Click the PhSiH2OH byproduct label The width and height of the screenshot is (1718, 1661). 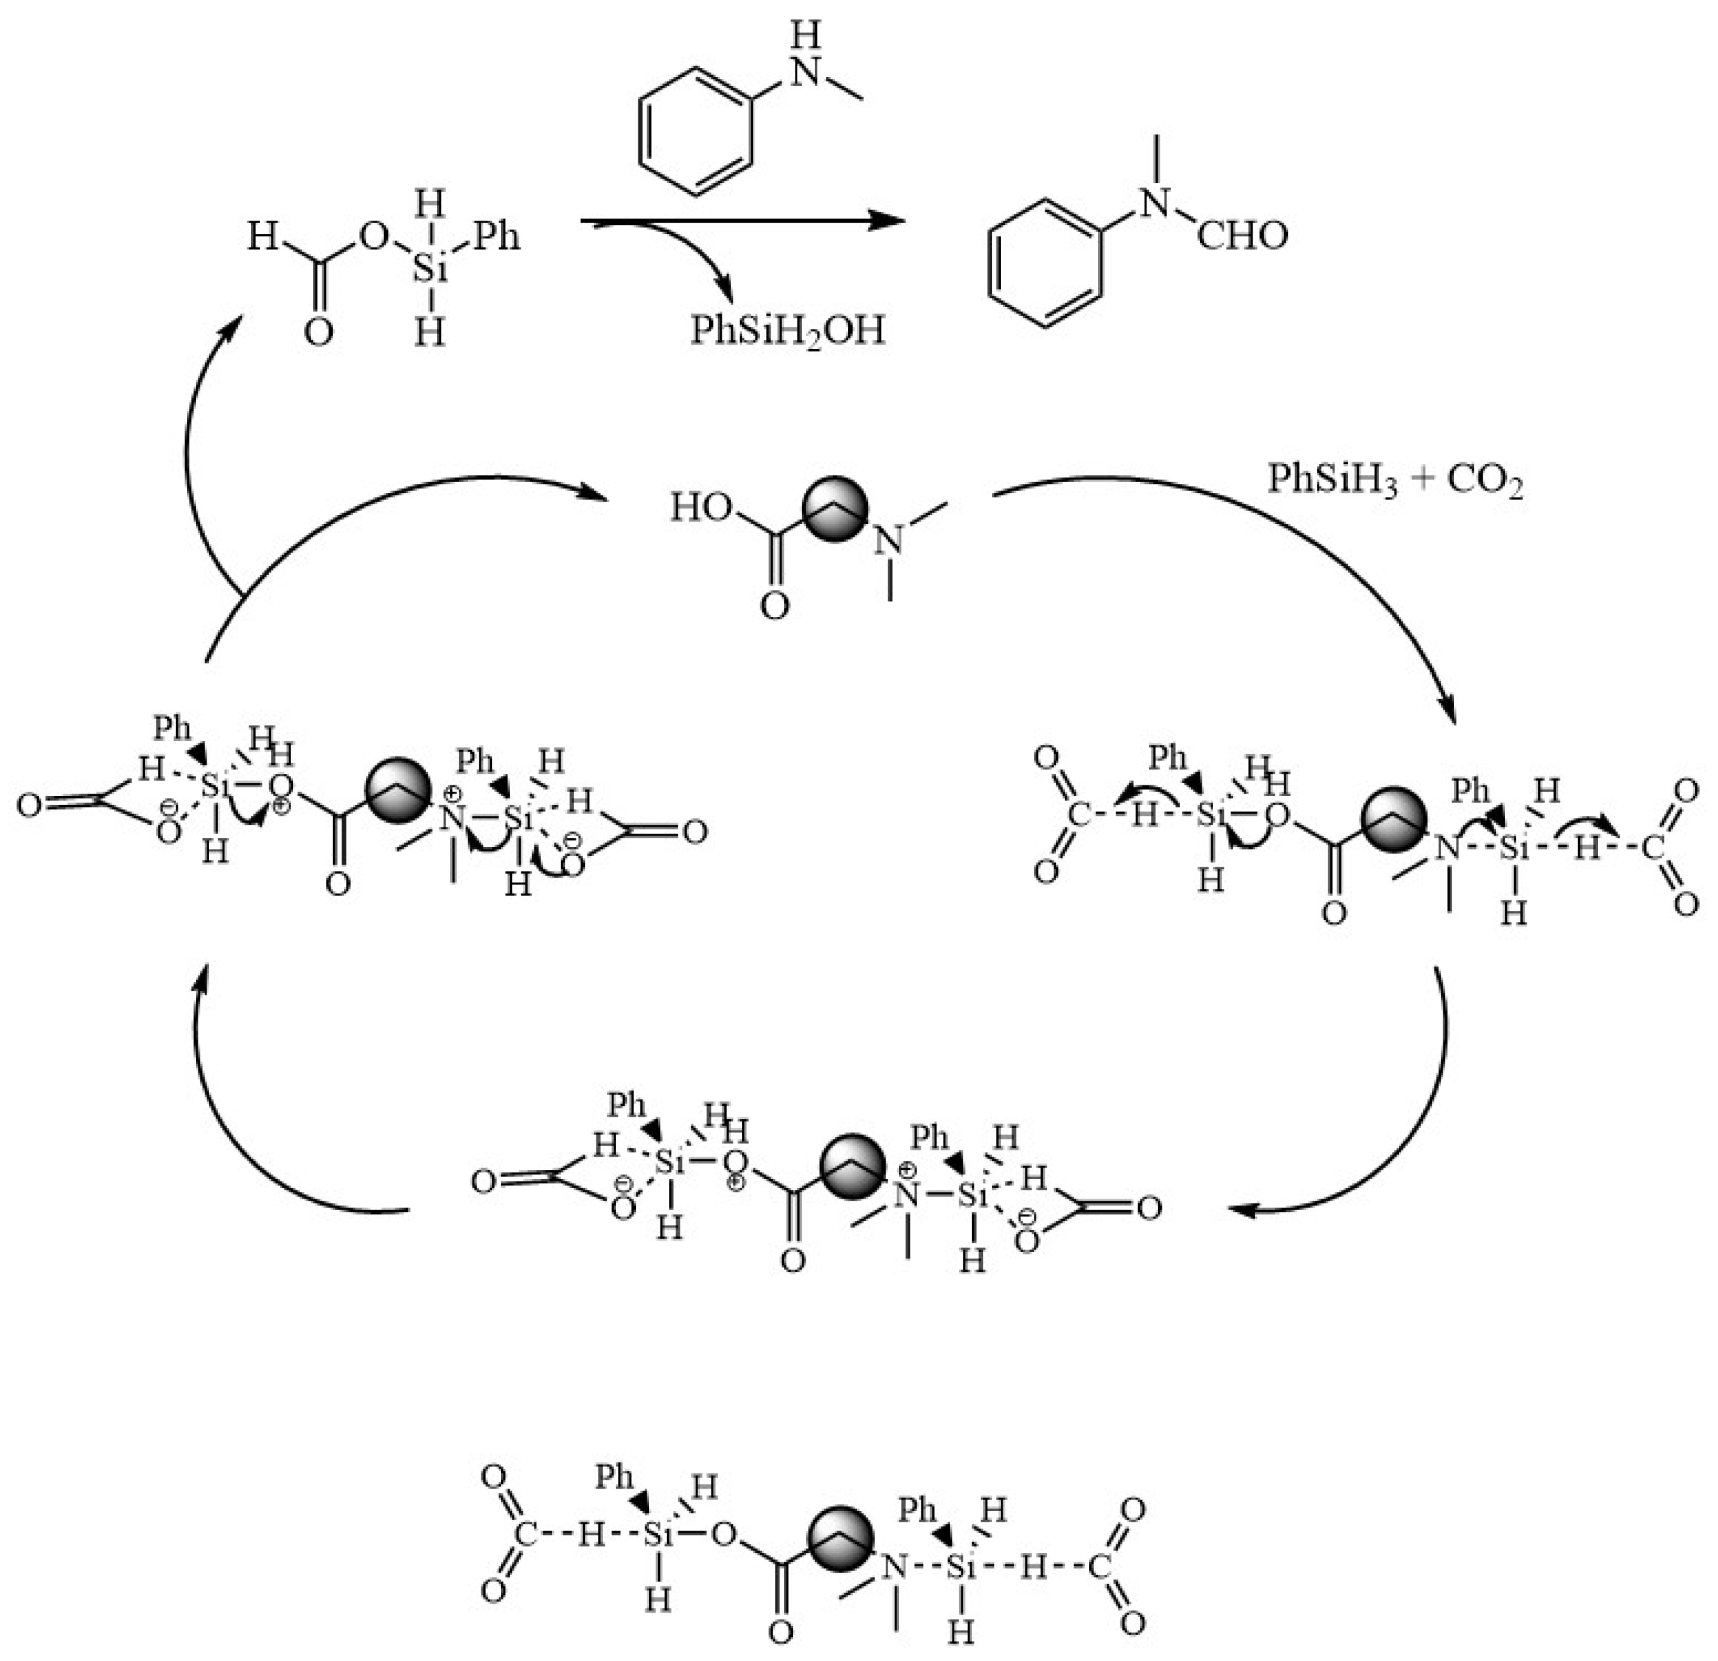[787, 331]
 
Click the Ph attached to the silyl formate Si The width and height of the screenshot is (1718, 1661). [496, 236]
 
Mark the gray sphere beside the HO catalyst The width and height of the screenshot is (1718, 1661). [835, 507]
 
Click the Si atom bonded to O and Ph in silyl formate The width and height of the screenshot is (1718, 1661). [430, 268]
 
